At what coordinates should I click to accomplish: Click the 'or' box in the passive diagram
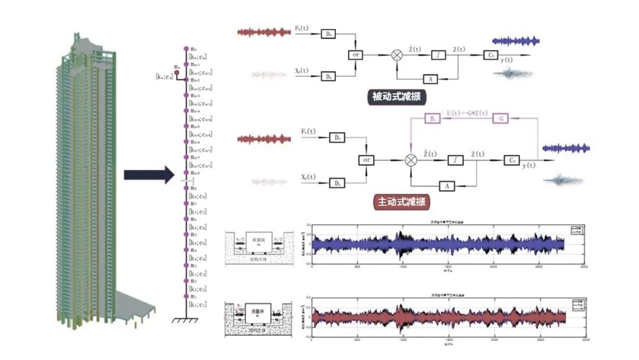[x=354, y=55]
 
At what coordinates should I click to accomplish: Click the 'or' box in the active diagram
[x=367, y=160]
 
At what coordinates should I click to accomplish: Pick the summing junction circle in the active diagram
[x=410, y=160]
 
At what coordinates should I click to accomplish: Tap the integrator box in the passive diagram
[x=438, y=55]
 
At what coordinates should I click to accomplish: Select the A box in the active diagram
[x=447, y=185]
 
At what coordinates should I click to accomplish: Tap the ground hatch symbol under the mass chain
[x=185, y=321]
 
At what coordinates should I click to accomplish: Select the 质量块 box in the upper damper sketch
[x=256, y=240]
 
